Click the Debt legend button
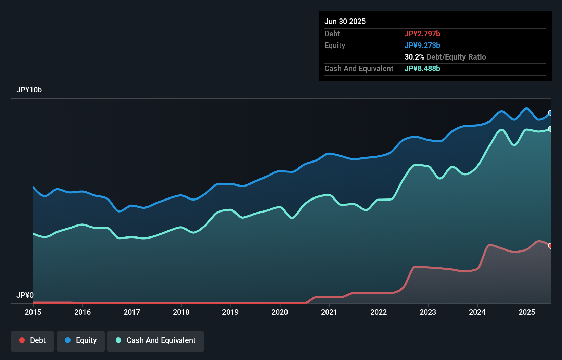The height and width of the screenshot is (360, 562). click(x=33, y=340)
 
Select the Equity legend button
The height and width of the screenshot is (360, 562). click(x=81, y=340)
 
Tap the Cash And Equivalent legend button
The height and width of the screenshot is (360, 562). click(x=156, y=340)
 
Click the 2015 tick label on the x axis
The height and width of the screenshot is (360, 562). click(x=33, y=312)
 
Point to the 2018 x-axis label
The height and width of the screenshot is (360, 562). click(x=181, y=312)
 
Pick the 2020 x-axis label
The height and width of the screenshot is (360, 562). click(x=280, y=312)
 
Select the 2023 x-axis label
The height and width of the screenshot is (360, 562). click(x=428, y=312)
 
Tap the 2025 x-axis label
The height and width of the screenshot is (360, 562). click(x=527, y=312)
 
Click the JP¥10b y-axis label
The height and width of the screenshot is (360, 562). click(x=29, y=90)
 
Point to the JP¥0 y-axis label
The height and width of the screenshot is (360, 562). click(x=25, y=295)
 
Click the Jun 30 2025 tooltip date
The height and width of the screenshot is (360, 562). click(x=345, y=21)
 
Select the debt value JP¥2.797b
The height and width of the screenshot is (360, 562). click(x=422, y=34)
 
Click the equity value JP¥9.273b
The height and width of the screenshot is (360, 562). click(x=422, y=45)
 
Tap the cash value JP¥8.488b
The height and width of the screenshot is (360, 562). click(x=422, y=68)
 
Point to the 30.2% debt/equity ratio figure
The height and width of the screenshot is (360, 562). click(x=414, y=57)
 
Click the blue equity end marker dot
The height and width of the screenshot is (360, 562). click(x=550, y=113)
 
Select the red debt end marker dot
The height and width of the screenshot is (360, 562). click(x=550, y=246)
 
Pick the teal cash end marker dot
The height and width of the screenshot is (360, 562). click(x=550, y=129)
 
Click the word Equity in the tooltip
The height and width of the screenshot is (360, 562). click(x=335, y=45)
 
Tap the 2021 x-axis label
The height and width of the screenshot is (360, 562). click(x=329, y=312)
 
